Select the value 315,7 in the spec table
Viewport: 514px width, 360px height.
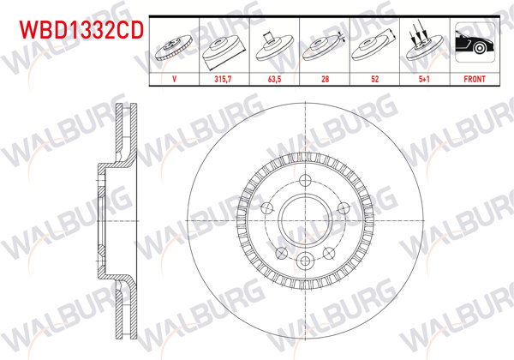click(x=224, y=79)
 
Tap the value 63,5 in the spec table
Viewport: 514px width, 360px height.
click(x=274, y=79)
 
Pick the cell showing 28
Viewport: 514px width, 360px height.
click(x=324, y=79)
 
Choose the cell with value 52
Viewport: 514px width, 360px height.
click(x=374, y=79)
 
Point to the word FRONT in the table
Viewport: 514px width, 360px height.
click(x=474, y=79)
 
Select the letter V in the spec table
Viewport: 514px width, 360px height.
click(x=175, y=79)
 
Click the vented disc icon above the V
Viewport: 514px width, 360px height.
click(x=175, y=45)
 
